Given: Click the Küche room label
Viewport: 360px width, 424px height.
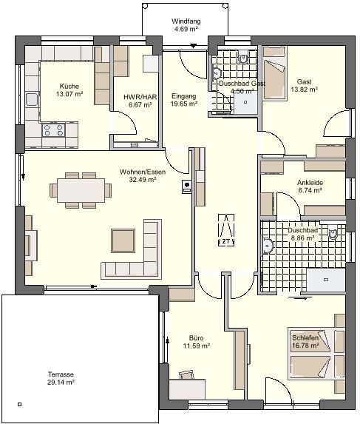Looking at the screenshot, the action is coord(69,87).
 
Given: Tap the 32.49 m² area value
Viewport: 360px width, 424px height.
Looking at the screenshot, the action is coord(143,180).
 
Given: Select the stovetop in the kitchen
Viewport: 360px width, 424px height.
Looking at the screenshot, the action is coord(53,129).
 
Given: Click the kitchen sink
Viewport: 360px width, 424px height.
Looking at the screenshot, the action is coord(32,99).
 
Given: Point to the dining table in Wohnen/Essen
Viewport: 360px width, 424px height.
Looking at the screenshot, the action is coord(81,190).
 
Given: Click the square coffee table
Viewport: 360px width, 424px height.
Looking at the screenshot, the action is coord(123,240).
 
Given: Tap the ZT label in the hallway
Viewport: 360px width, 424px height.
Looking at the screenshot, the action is coord(226,242).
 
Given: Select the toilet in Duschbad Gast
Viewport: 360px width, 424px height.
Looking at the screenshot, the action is coord(244,57).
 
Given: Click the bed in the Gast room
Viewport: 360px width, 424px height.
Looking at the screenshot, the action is coord(275,73).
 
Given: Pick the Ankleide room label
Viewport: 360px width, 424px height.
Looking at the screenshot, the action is coord(310,183).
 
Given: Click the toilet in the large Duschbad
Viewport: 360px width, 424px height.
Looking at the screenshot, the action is coord(333,232).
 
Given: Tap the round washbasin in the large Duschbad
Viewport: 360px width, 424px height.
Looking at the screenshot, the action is coord(268,246).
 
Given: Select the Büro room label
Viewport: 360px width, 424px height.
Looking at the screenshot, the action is coord(197,338).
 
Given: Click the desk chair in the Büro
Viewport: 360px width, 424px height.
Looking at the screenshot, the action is coord(186,375).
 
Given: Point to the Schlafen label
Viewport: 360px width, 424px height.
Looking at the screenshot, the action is coord(305,337).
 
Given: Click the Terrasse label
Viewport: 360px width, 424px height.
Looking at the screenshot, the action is coord(61,374).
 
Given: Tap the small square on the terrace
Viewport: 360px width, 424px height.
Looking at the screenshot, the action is coord(19,405).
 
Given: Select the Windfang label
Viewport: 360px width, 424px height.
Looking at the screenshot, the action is coord(186,21).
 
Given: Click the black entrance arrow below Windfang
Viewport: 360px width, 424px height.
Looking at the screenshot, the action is coord(193,46).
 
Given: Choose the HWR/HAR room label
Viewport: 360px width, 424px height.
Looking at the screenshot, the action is coord(140,97).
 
